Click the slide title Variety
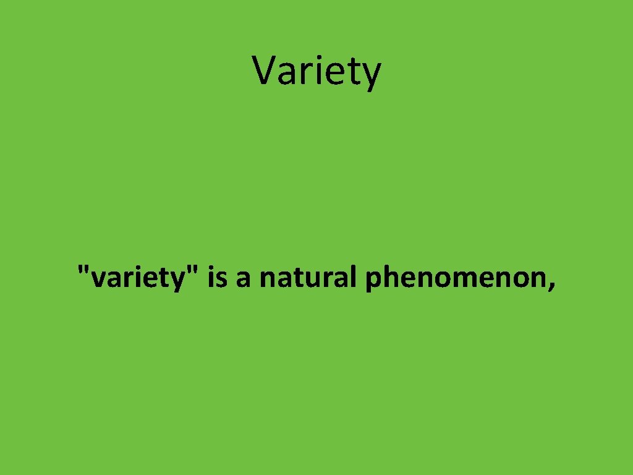point(316,71)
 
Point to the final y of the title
point(372,74)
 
